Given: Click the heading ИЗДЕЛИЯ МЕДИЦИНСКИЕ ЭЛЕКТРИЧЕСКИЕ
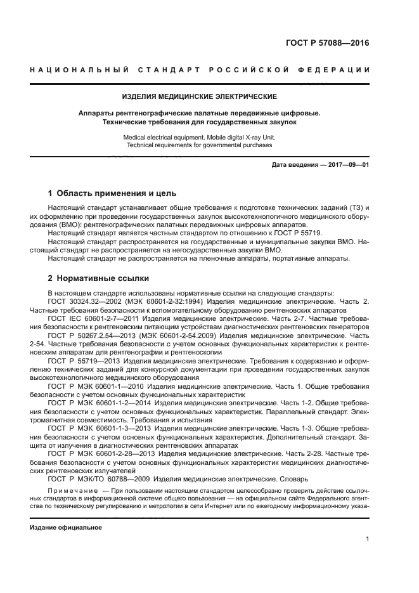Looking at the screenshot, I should pyautogui.click(x=200, y=97).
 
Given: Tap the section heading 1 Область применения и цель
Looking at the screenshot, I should pyautogui.click(x=113, y=193).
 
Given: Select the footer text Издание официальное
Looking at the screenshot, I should pyautogui.click(x=66, y=528).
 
